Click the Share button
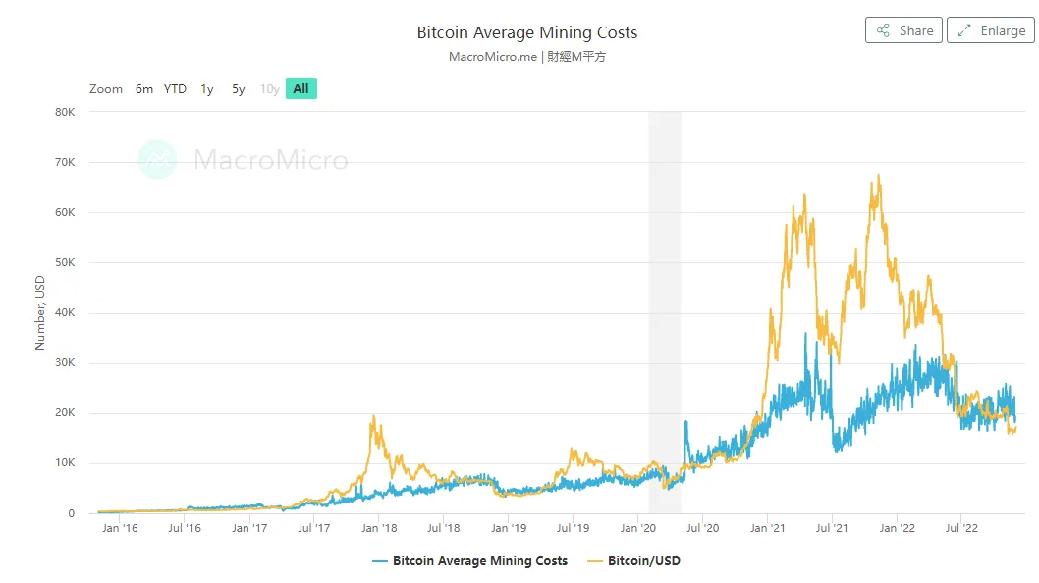[x=903, y=30]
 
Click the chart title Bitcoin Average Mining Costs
[x=526, y=32]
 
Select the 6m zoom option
[x=144, y=89]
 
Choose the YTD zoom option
[x=175, y=89]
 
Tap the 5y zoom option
[x=239, y=89]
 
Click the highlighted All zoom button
[x=301, y=89]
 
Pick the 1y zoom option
[x=207, y=89]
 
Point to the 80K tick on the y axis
[x=64, y=112]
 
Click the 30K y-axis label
[x=64, y=363]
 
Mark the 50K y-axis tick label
[x=64, y=263]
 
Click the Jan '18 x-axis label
[x=379, y=528]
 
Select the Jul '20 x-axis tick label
[x=702, y=528]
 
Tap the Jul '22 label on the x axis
[x=960, y=528]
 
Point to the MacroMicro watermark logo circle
[x=157, y=159]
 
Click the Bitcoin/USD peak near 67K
[x=878, y=176]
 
